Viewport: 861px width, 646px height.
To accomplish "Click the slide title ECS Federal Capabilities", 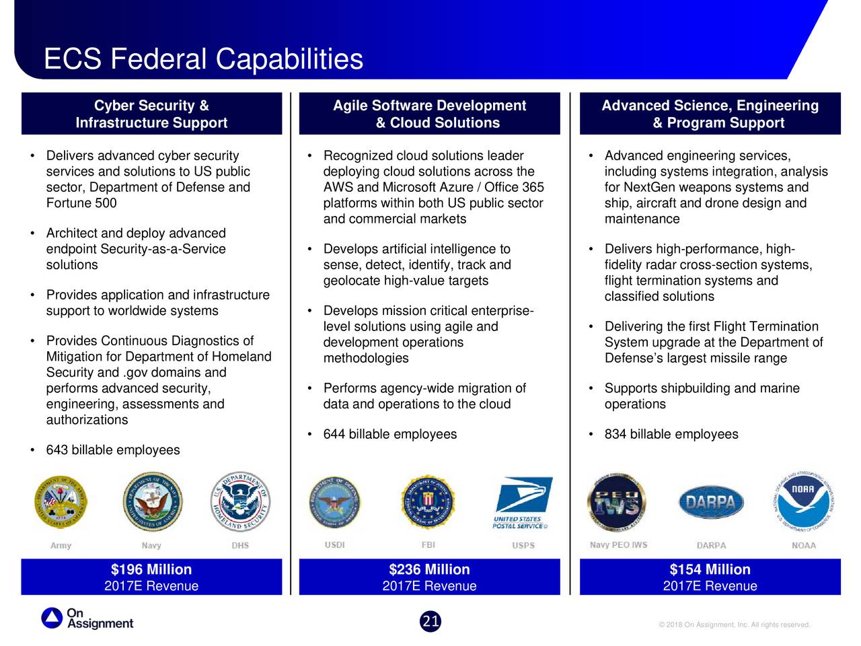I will point(203,59).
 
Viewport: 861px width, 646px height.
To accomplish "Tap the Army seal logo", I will point(61,502).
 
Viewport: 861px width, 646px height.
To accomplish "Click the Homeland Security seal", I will point(240,501).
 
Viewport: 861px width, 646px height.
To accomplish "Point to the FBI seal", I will point(428,502).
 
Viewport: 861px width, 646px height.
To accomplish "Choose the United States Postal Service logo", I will point(523,503).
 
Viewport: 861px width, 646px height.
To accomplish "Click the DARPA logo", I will point(711,502).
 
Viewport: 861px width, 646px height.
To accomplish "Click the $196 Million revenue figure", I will point(151,569).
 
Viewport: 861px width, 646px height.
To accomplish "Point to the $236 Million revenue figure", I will point(429,569).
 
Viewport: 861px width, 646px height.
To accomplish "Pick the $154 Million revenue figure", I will point(710,569).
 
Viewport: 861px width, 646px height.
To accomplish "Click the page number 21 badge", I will point(430,621).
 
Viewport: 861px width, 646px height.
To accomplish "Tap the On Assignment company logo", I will point(88,618).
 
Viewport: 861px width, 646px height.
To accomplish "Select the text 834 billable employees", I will point(671,435).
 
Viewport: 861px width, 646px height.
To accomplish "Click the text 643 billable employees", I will point(113,450).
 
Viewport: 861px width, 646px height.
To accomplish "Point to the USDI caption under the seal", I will point(334,545).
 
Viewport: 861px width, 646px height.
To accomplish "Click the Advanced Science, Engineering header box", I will point(710,114).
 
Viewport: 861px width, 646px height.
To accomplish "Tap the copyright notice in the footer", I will point(735,625).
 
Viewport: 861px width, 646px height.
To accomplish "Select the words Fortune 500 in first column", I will point(81,203).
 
